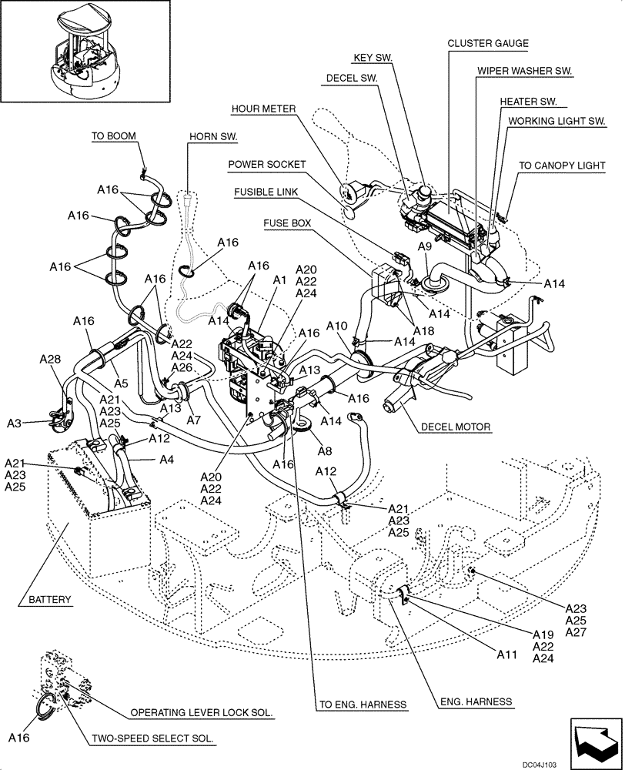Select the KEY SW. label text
click(x=373, y=58)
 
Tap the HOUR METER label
click(x=263, y=109)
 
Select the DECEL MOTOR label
click(x=455, y=427)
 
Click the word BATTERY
click(x=49, y=599)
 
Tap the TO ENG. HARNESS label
click(x=363, y=704)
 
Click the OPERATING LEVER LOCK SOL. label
click(x=201, y=713)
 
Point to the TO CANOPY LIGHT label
click(x=561, y=165)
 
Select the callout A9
click(x=424, y=246)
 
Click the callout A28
click(x=51, y=360)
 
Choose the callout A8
click(x=325, y=452)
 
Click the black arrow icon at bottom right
click(x=594, y=736)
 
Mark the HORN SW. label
click(x=213, y=137)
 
